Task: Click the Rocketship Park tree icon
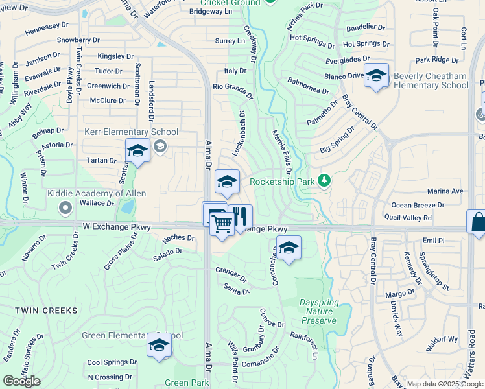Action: (x=325, y=181)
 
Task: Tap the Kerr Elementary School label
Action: (x=123, y=132)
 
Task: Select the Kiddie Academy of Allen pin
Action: (x=65, y=208)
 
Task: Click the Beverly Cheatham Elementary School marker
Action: (x=376, y=76)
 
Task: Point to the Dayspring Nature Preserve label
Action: (x=318, y=311)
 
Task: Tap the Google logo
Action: (x=21, y=381)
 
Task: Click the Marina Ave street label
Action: (x=445, y=191)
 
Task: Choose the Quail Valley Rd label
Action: (x=407, y=218)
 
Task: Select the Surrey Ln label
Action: (x=230, y=41)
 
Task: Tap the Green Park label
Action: (x=187, y=383)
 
